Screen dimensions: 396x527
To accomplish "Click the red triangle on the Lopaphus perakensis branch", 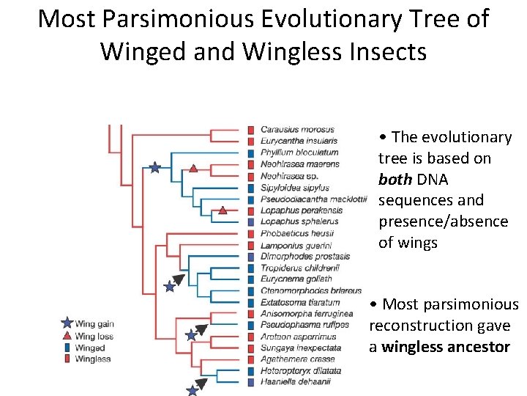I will point(223,211).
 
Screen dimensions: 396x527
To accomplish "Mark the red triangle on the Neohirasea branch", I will point(193,169).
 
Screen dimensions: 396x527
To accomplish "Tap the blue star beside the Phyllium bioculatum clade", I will point(154,168).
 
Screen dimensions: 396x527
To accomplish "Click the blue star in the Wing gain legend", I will point(67,323).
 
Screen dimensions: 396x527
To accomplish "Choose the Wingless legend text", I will point(93,359).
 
